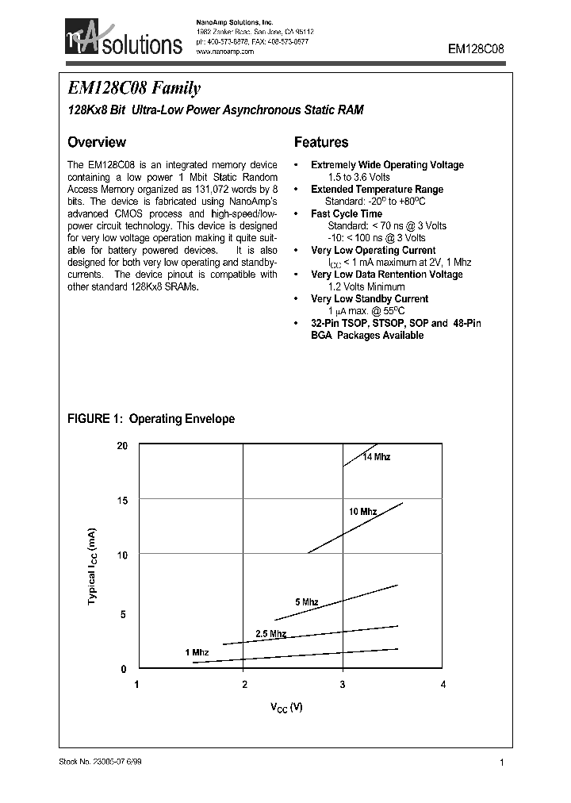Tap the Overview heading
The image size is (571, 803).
click(96, 143)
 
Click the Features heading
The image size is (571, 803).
click(321, 143)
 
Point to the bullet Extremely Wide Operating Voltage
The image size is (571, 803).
click(387, 165)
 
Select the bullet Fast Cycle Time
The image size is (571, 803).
click(346, 213)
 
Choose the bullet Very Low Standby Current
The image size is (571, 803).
click(369, 299)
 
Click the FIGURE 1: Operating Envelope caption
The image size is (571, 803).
click(151, 419)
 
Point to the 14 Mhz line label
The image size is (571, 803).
click(377, 457)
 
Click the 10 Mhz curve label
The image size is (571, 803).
click(362, 512)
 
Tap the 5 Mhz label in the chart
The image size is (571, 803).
click(306, 602)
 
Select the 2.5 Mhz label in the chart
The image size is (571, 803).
click(270, 633)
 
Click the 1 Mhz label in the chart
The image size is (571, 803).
click(197, 652)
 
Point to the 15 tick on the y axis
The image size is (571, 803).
click(122, 500)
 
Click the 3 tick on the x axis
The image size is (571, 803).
click(343, 685)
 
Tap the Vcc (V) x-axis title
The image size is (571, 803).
click(286, 707)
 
